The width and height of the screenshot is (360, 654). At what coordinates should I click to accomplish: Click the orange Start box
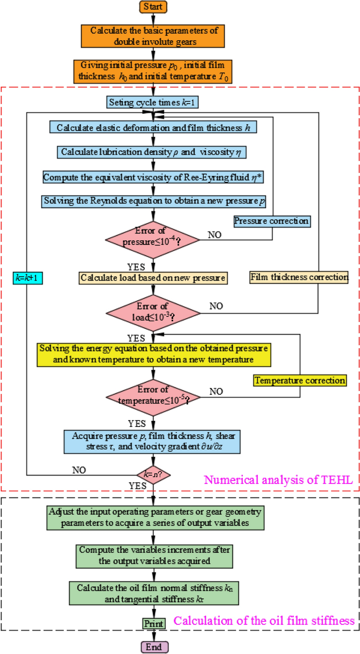click(x=153, y=6)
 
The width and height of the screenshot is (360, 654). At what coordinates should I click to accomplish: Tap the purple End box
click(x=154, y=647)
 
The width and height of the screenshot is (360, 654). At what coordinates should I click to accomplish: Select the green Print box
click(x=154, y=623)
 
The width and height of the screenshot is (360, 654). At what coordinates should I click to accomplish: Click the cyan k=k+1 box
click(x=28, y=278)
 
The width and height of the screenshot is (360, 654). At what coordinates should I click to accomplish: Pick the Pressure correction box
click(x=272, y=221)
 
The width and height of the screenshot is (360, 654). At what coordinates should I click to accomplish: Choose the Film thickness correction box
click(x=299, y=277)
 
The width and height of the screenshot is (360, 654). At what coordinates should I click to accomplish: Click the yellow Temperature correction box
click(x=300, y=380)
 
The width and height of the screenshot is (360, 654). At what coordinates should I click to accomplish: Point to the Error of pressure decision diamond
click(x=153, y=240)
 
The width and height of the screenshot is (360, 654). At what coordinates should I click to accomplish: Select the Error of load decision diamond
click(x=153, y=313)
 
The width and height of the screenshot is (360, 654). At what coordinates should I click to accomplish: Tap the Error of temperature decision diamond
click(x=153, y=397)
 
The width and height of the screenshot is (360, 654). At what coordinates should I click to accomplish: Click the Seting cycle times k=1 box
click(x=152, y=103)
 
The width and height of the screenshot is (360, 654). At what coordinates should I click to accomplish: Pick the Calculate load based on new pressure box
click(x=153, y=278)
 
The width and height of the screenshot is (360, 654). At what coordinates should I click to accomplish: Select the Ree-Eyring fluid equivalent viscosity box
click(x=153, y=177)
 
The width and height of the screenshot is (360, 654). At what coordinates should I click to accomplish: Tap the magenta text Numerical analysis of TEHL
click(x=278, y=480)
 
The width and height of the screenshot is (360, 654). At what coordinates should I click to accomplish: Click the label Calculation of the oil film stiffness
click(x=264, y=621)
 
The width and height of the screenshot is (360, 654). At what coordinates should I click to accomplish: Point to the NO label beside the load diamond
click(x=216, y=306)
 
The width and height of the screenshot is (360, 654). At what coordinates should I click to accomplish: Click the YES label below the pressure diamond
click(x=136, y=267)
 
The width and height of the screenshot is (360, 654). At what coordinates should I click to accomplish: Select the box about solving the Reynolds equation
click(x=154, y=201)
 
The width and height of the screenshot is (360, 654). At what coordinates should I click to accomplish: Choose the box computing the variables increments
click(x=154, y=556)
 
